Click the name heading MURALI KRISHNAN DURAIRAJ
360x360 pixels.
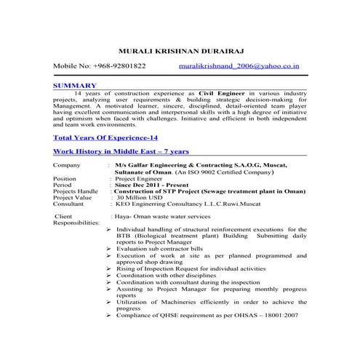point(180,50)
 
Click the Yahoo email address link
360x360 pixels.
point(239,66)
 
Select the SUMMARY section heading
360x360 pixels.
point(75,85)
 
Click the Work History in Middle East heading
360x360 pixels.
point(121,151)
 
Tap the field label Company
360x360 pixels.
point(67,166)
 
